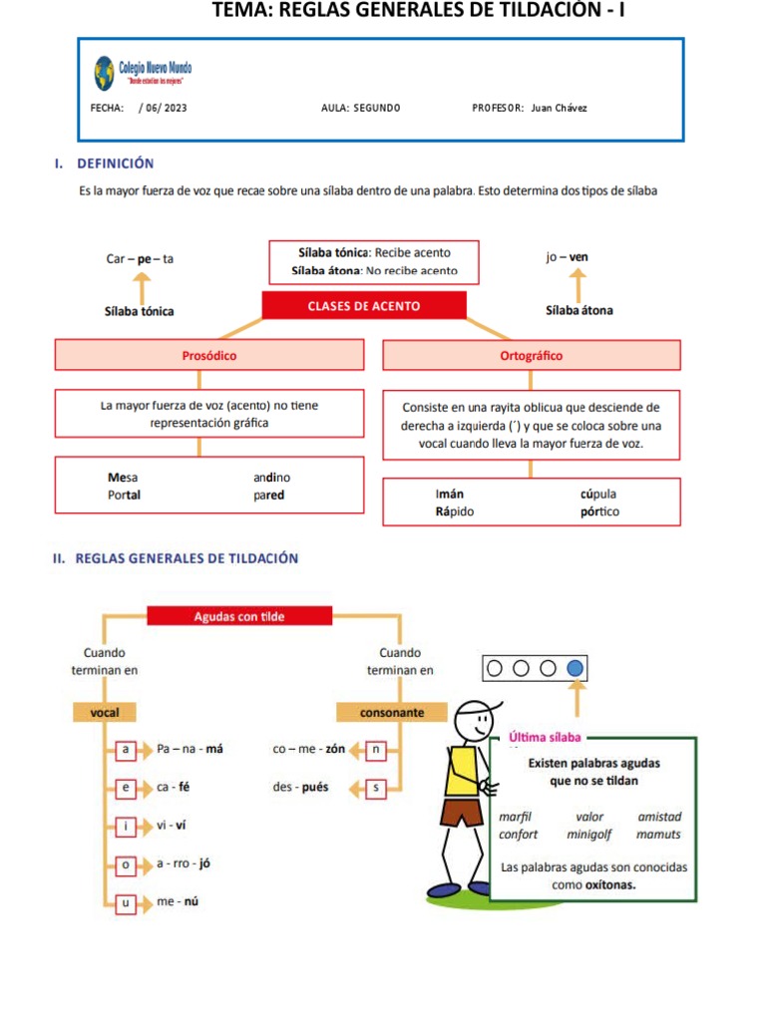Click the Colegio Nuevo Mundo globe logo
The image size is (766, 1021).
click(104, 73)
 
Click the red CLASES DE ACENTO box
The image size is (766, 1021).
click(364, 306)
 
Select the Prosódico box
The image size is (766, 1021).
click(209, 355)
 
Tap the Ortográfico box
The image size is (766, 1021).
click(531, 355)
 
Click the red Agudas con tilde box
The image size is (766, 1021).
click(238, 616)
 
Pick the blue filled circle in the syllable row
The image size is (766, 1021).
click(574, 668)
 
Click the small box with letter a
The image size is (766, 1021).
click(126, 749)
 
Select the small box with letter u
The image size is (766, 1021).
click(126, 903)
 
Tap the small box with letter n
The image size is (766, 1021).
click(375, 749)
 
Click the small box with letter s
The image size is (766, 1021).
click(375, 788)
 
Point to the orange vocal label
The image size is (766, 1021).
click(105, 713)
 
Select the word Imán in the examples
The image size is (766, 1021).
click(450, 494)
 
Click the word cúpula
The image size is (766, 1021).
click(598, 494)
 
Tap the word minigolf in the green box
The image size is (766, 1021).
click(588, 834)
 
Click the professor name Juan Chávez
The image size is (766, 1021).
click(560, 108)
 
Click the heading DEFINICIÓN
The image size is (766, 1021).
click(115, 163)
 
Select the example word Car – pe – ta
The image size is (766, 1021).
click(140, 258)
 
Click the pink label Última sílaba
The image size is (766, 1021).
click(545, 738)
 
